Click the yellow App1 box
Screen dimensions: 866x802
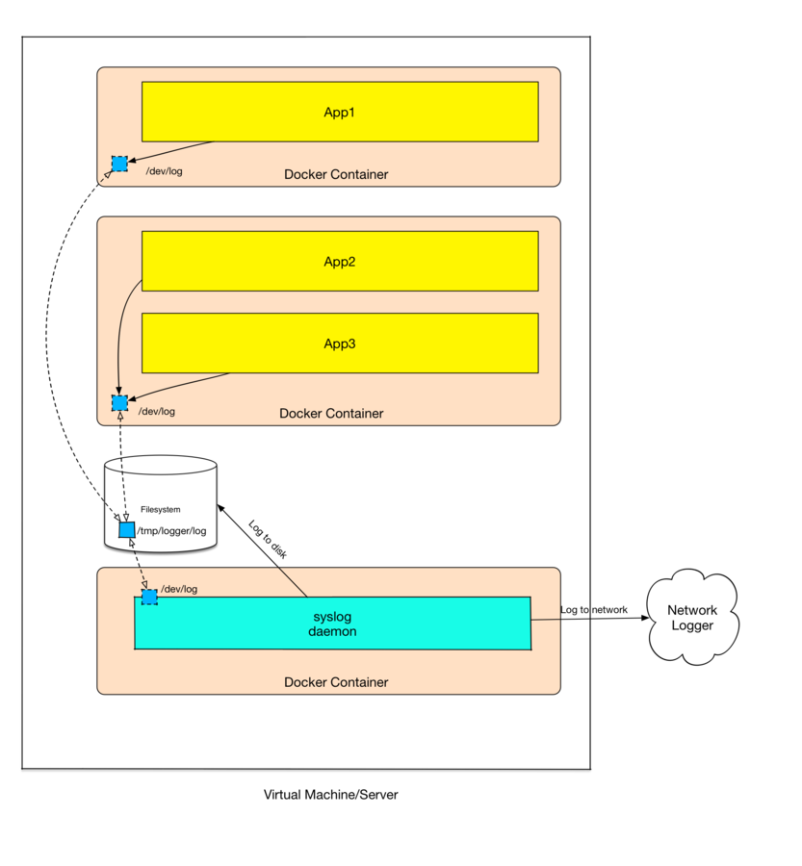[x=340, y=112]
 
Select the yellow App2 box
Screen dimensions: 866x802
[x=340, y=261]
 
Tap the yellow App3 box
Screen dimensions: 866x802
[x=340, y=343]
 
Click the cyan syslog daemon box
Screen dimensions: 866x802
[x=333, y=624]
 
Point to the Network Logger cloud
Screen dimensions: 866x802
[x=691, y=619]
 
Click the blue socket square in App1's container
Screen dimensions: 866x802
[x=119, y=164]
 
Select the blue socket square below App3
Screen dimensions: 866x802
[x=119, y=402]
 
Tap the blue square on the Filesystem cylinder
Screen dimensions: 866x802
[x=126, y=530]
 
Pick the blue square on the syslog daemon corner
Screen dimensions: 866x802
[x=149, y=598]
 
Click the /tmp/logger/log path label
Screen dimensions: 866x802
[x=171, y=530]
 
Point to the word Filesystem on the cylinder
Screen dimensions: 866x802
[x=161, y=510]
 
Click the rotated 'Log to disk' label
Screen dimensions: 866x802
[x=268, y=540]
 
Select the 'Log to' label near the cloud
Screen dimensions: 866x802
[x=575, y=610]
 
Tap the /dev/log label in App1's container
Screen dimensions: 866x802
[x=163, y=171]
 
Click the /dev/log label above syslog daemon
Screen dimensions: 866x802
[x=179, y=589]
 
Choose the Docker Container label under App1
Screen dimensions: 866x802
[x=336, y=174]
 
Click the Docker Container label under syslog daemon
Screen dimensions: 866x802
[x=336, y=682]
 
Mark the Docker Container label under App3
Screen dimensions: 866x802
[x=331, y=413]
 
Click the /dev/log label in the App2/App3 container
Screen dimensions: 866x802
[x=157, y=411]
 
